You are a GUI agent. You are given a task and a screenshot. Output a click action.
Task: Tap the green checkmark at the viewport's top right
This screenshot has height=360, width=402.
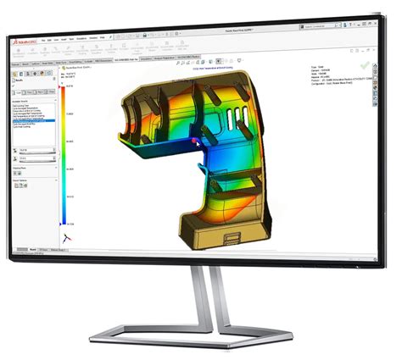pos(364,64)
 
